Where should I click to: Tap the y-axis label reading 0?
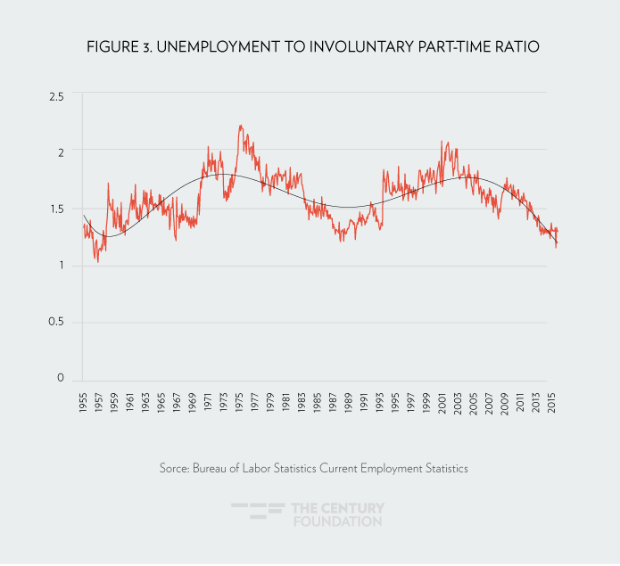[x=61, y=379]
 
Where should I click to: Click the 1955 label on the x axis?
[x=83, y=401]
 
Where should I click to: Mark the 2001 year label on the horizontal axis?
[x=441, y=401]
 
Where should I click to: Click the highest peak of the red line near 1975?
[x=241, y=126]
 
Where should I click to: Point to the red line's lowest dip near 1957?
[x=97, y=261]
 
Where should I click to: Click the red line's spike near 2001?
[x=442, y=141]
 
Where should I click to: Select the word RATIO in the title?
[x=517, y=47]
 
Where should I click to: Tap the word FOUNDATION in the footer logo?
[x=337, y=521]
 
